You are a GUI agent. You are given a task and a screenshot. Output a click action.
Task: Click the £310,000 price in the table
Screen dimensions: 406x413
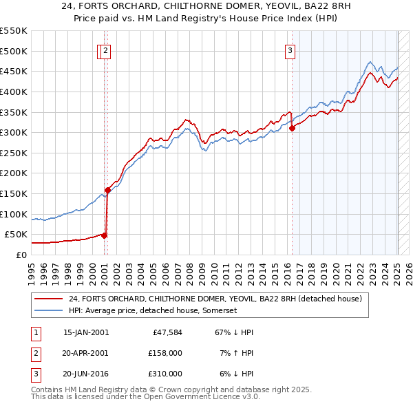[165, 374]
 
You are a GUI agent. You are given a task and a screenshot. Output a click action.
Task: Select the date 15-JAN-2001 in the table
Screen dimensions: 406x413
[86, 332]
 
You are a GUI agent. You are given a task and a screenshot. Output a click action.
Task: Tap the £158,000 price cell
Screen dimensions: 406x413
[165, 353]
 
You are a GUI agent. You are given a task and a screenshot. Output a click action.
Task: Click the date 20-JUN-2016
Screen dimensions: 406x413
[86, 374]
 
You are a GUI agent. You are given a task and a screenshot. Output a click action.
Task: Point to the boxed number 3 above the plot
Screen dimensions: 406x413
[290, 50]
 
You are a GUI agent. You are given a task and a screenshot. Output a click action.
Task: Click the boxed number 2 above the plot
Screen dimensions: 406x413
[106, 50]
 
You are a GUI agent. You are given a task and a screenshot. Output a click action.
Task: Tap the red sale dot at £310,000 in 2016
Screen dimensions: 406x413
[293, 128]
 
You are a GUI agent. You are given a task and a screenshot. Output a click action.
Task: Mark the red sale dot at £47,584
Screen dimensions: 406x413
[105, 235]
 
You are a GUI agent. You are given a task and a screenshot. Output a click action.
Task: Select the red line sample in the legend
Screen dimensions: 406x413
[48, 299]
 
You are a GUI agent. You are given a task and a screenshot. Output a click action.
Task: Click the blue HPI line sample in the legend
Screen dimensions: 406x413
[48, 310]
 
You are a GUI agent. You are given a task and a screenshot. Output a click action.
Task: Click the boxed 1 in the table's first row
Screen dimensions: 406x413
[35, 332]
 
